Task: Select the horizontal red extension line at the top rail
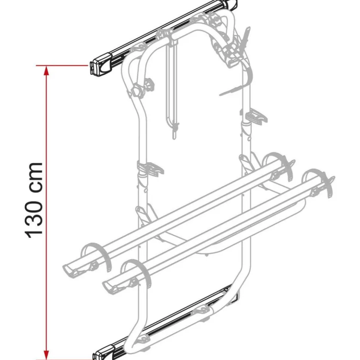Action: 67,66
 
